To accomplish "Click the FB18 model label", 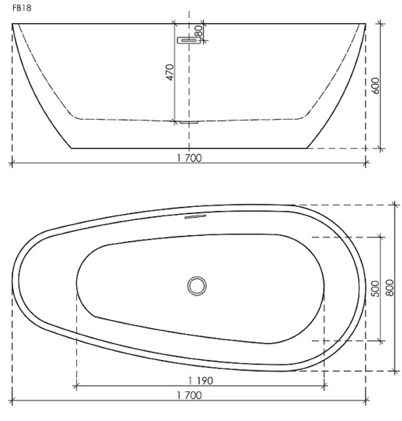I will [x=21, y=10].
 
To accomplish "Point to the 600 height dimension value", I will [x=375, y=85].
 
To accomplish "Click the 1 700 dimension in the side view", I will [x=188, y=158].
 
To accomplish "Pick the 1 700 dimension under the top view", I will [x=188, y=396].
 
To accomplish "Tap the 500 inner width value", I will [x=375, y=288].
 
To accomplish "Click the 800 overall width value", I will [x=390, y=288].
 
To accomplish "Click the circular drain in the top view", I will [x=196, y=285].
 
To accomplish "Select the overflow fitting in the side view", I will [x=188, y=41].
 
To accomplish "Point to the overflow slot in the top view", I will [x=196, y=216].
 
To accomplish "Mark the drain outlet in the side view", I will [x=188, y=123].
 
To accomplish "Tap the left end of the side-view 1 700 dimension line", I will [x=12, y=163].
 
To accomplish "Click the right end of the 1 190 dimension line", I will [x=324, y=386].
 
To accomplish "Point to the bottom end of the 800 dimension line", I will [x=395, y=370].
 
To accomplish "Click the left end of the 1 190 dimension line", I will [x=76, y=386].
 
